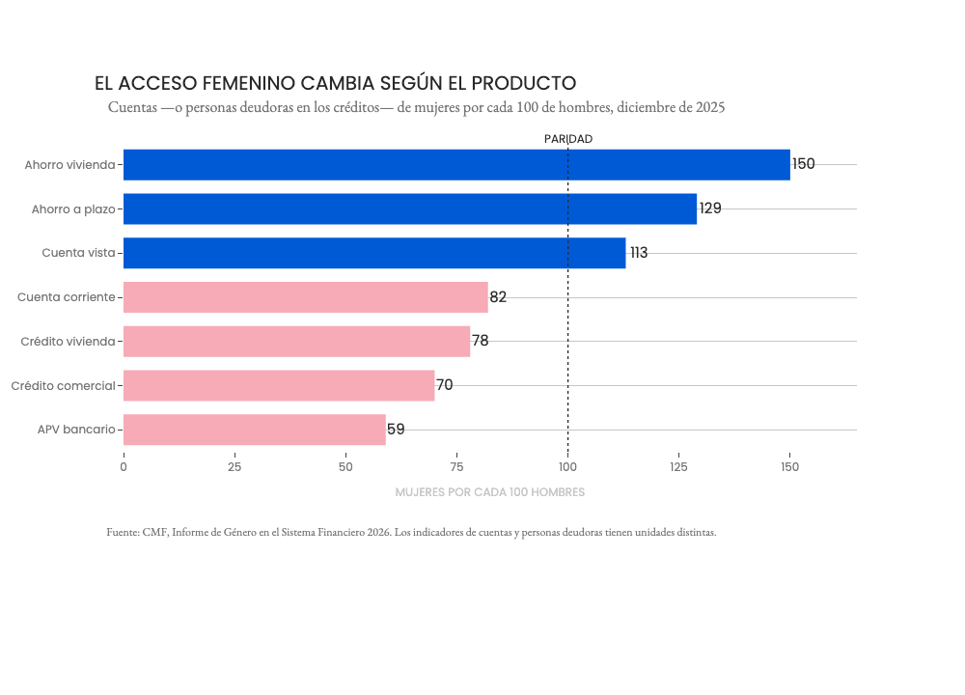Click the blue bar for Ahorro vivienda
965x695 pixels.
point(456,165)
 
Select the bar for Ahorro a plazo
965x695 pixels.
point(410,208)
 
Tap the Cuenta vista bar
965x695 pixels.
point(374,253)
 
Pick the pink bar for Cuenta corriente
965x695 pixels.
point(306,297)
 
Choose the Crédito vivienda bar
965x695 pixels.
point(296,341)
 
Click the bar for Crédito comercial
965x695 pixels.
point(279,385)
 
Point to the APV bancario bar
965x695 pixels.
point(255,430)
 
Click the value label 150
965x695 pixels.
point(804,164)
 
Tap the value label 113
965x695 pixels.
point(639,252)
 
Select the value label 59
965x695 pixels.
point(396,429)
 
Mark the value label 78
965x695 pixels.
point(480,341)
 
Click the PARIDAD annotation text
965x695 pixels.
point(568,139)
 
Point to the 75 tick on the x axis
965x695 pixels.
point(456,467)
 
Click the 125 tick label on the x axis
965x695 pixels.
point(678,467)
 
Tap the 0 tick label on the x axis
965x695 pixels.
point(124,467)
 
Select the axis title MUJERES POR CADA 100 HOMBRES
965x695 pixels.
point(490,492)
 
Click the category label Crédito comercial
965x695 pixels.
point(64,386)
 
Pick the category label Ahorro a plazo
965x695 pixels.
point(73,209)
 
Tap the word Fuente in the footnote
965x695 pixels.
point(124,532)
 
